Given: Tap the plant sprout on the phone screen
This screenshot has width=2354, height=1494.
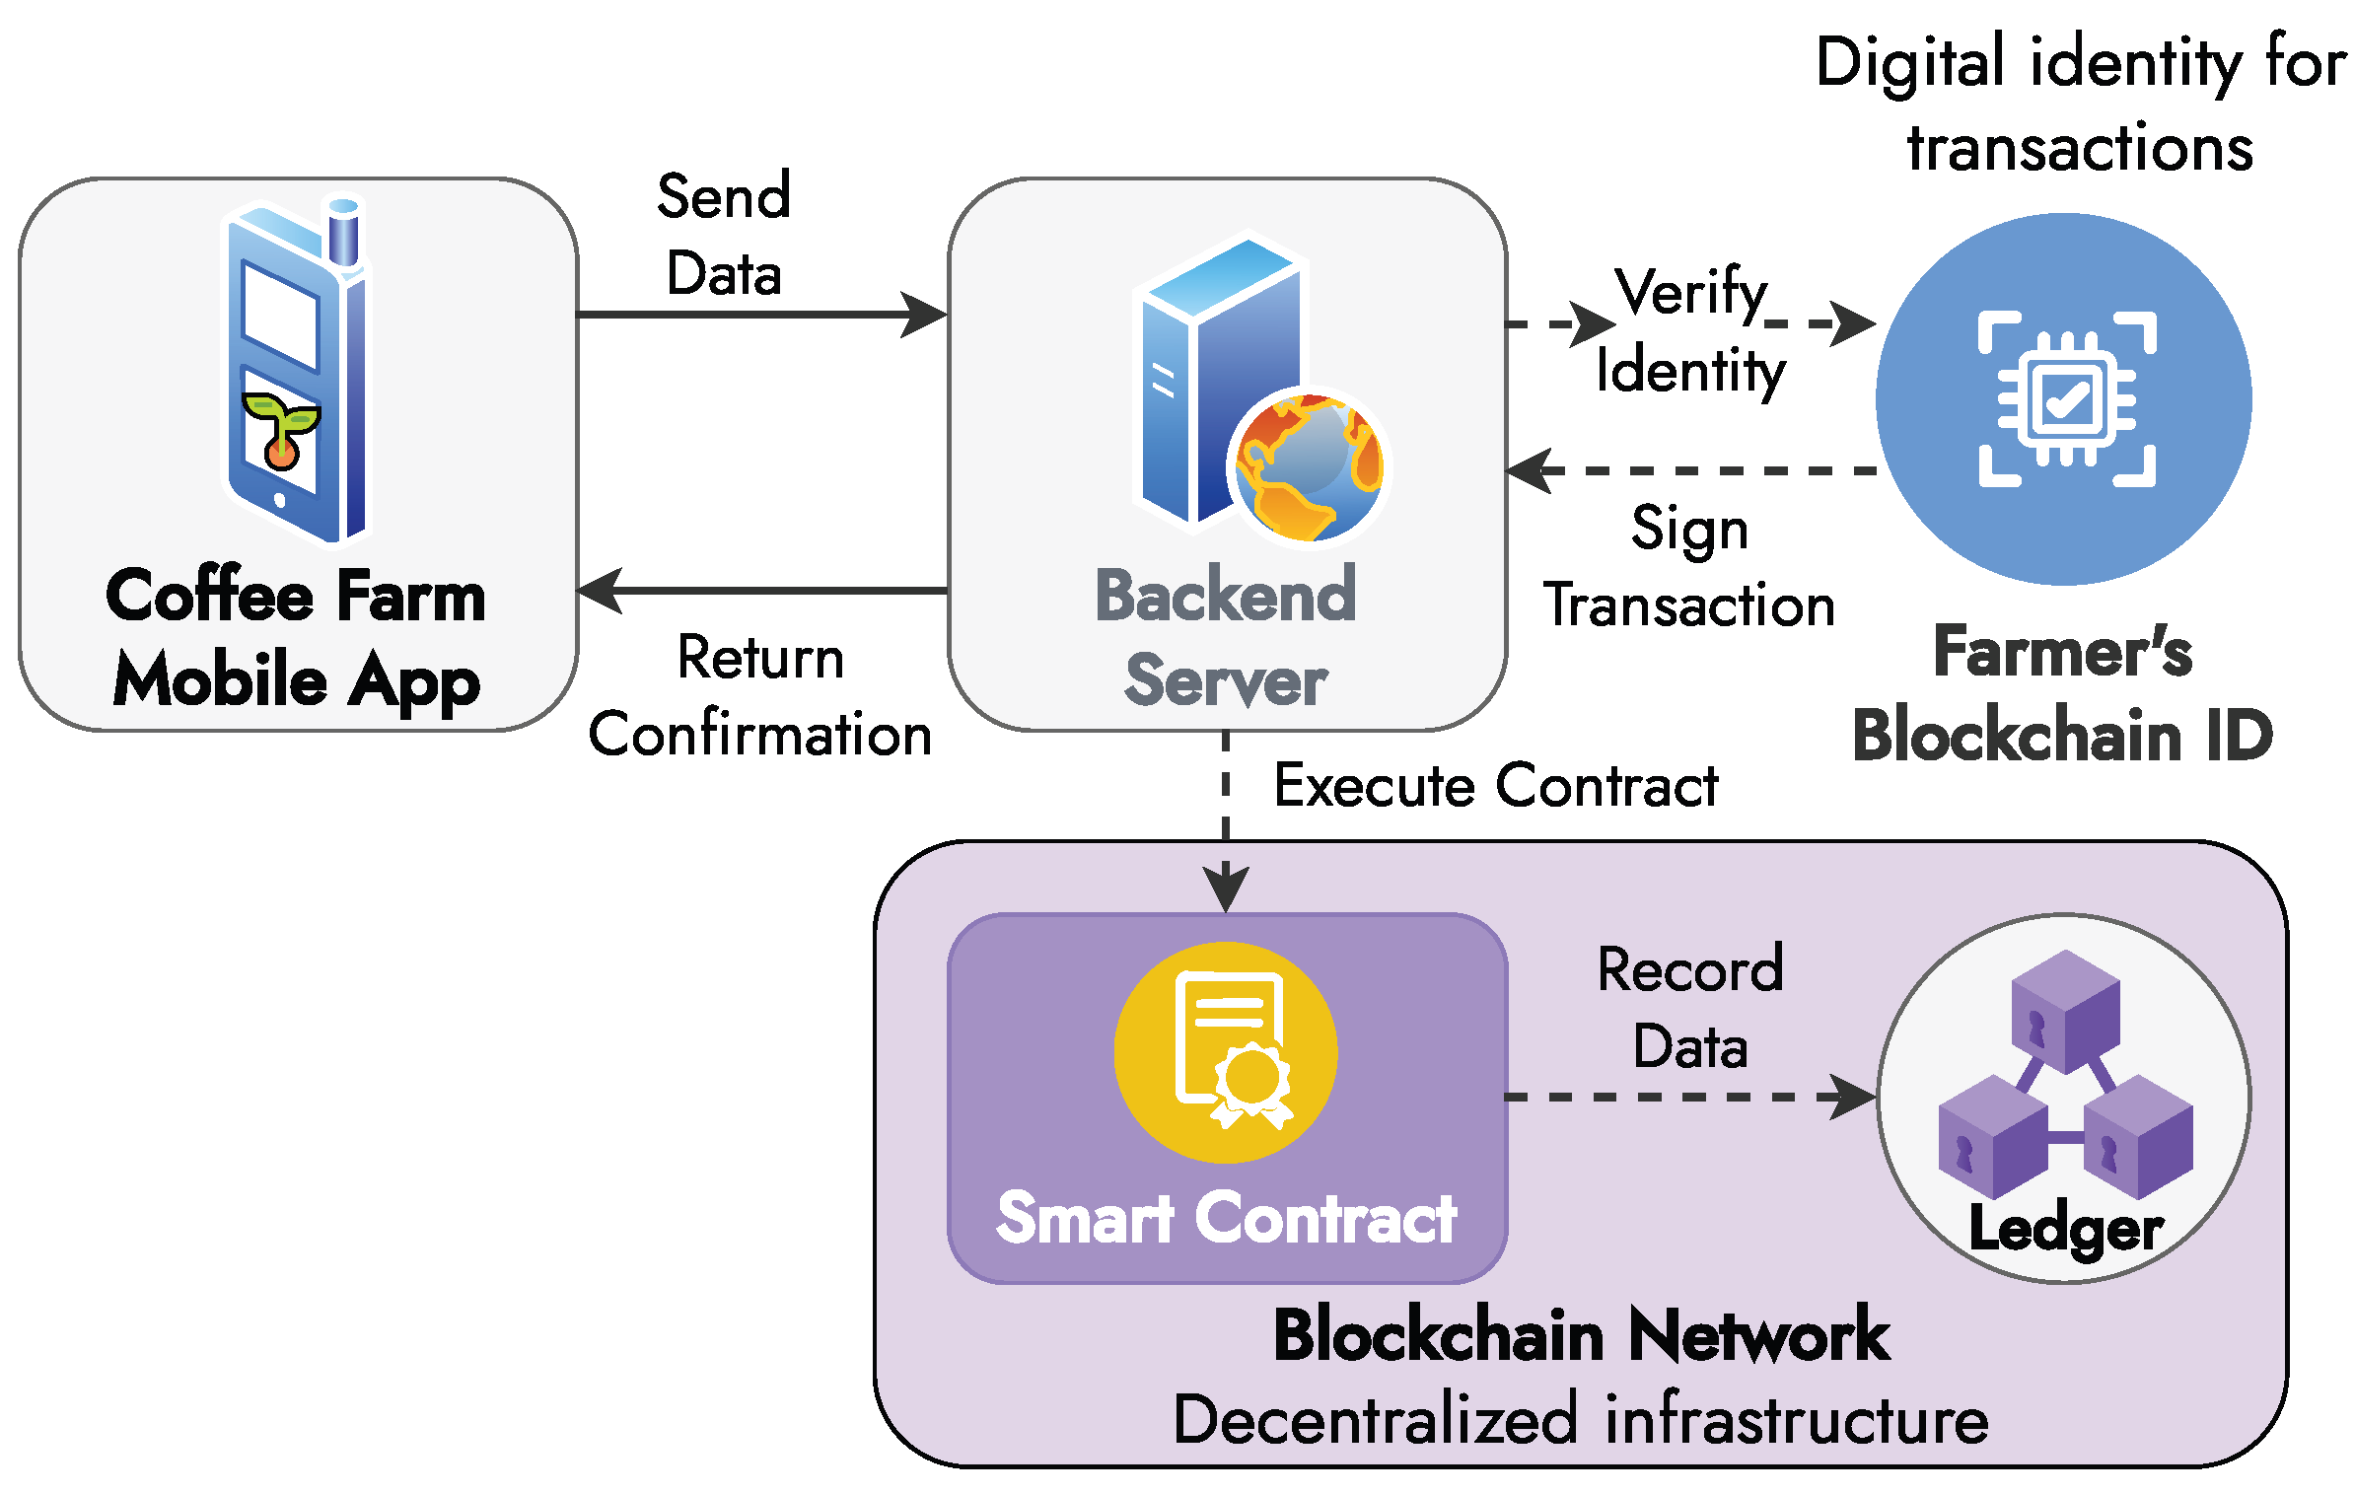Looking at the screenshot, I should (x=281, y=430).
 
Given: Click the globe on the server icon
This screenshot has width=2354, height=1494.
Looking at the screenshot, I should (x=1309, y=465).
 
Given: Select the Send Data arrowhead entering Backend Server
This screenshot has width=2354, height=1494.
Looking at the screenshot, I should (x=925, y=315).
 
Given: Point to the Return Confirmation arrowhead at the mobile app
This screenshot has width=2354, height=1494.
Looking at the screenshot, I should (x=600, y=591).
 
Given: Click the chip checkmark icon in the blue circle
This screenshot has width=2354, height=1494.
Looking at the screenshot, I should (x=2066, y=399).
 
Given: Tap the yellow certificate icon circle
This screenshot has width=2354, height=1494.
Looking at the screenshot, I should (x=1226, y=1052).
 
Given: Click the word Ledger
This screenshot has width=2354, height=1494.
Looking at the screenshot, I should (x=2066, y=1229).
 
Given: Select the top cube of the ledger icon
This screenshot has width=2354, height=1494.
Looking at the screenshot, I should (x=2065, y=1011).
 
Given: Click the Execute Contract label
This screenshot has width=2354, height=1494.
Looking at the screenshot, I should (x=1495, y=786).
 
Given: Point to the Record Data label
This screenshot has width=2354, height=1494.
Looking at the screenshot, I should (x=1689, y=1008).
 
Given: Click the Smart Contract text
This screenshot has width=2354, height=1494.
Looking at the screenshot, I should (x=1226, y=1218).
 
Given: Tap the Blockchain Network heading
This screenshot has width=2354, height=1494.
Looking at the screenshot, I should (x=1581, y=1335).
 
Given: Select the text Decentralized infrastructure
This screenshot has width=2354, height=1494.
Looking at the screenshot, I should (x=1581, y=1421).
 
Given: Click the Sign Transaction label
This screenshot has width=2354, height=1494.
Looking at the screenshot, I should (x=1689, y=566).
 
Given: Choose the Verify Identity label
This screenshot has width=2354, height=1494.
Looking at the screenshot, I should (x=1690, y=331).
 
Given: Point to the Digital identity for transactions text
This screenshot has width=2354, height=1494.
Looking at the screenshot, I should (x=2081, y=105).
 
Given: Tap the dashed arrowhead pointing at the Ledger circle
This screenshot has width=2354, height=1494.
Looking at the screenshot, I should (x=1854, y=1097).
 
